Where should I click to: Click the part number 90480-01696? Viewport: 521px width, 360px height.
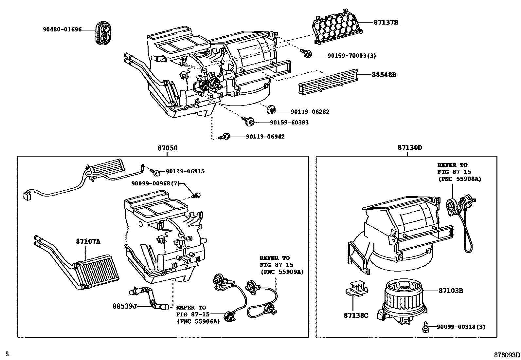pyautogui.click(x=62, y=29)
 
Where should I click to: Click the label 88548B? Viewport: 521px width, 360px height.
pyautogui.click(x=384, y=75)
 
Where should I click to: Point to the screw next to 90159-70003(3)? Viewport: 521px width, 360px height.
pyautogui.click(x=307, y=54)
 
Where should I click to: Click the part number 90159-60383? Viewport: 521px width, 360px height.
pyautogui.click(x=289, y=123)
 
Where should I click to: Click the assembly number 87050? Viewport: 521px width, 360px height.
pyautogui.click(x=168, y=148)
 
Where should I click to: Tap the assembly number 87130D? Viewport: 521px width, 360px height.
pyautogui.click(x=410, y=147)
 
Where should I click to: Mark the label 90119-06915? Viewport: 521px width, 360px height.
pyautogui.click(x=185, y=171)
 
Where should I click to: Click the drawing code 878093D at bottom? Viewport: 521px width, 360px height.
pyautogui.click(x=507, y=354)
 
